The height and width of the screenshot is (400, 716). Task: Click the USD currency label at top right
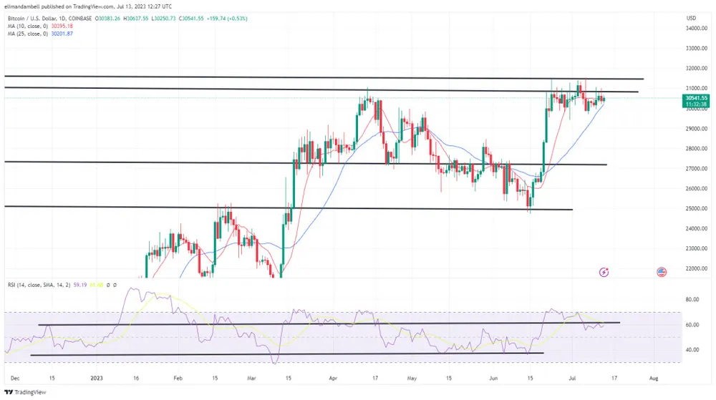coord(692,17)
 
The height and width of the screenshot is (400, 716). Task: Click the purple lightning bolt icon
coord(604,272)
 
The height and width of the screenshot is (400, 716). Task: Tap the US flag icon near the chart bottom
coord(662,272)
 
